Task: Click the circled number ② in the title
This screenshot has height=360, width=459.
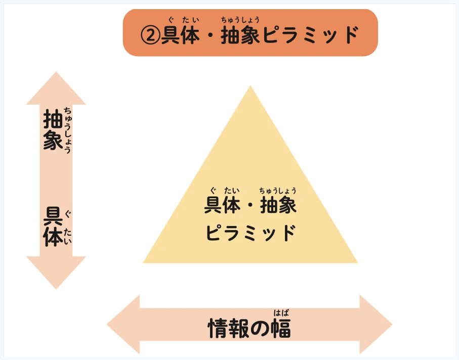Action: (x=151, y=36)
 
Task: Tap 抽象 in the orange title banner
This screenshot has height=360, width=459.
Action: (x=240, y=36)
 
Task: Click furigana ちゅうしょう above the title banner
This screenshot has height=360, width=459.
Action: (x=240, y=20)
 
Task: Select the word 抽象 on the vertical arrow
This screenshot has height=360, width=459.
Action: (x=53, y=130)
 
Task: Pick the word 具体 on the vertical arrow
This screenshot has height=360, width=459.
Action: (x=53, y=227)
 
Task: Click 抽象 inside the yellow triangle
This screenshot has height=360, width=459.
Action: (x=278, y=205)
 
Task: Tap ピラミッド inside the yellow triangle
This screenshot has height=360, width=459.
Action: (x=250, y=233)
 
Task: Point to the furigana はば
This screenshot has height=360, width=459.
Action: (x=281, y=312)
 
